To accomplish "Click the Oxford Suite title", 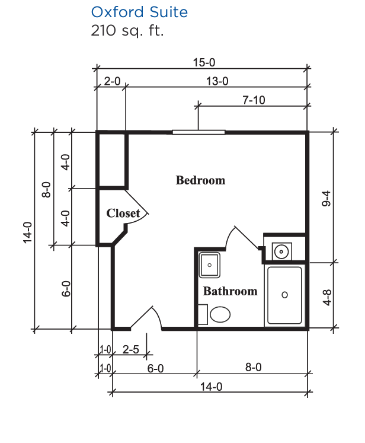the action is click(x=139, y=12).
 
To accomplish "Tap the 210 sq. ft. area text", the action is click(x=127, y=30).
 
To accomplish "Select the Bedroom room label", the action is click(x=200, y=180).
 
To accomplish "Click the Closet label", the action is click(x=123, y=213).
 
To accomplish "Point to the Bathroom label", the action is click(x=230, y=291).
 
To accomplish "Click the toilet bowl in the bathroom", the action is click(x=220, y=314).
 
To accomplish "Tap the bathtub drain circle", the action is click(x=284, y=295).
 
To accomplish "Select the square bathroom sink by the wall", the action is click(x=209, y=265).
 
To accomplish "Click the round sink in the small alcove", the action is click(x=281, y=251).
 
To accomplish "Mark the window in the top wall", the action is click(x=198, y=132).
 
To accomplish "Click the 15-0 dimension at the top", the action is click(x=204, y=62).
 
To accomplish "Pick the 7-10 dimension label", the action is click(x=254, y=100).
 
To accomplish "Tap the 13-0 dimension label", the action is click(x=217, y=81).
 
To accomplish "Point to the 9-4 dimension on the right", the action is click(x=326, y=198).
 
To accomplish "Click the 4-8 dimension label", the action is click(x=327, y=297).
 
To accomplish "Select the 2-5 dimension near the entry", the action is click(x=131, y=349).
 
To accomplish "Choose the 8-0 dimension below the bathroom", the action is click(x=253, y=367).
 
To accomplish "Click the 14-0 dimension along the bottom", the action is click(x=211, y=387).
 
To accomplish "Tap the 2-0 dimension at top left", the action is click(x=112, y=81).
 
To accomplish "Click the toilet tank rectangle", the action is click(x=203, y=314).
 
